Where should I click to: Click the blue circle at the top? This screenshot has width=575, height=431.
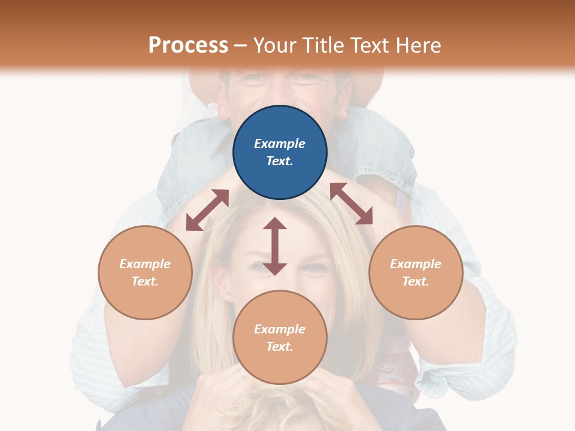[280, 152]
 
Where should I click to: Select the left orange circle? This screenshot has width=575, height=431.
[145, 272]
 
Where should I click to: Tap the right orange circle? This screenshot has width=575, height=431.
[416, 272]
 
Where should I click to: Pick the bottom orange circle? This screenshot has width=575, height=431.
[280, 338]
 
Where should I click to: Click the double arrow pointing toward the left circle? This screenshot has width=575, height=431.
[208, 210]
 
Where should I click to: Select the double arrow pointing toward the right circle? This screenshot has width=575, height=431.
[351, 204]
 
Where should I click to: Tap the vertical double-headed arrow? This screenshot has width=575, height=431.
[275, 246]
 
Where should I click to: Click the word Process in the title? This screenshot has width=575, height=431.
[188, 45]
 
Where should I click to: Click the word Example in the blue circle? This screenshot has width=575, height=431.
[280, 144]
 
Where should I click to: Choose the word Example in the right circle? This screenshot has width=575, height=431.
[416, 264]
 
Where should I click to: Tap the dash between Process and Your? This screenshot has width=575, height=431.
[241, 45]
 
